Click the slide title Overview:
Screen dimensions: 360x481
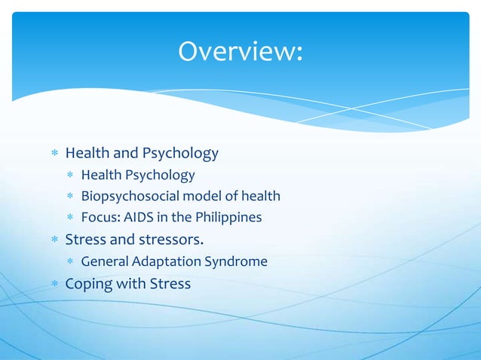pos(240,51)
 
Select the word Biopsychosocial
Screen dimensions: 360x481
pos(130,197)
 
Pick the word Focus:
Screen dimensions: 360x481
pos(102,218)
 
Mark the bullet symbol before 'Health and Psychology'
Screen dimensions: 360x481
pos(54,154)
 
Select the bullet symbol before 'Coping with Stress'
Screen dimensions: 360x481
pos(54,285)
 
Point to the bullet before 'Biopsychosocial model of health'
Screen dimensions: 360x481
pos(70,197)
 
